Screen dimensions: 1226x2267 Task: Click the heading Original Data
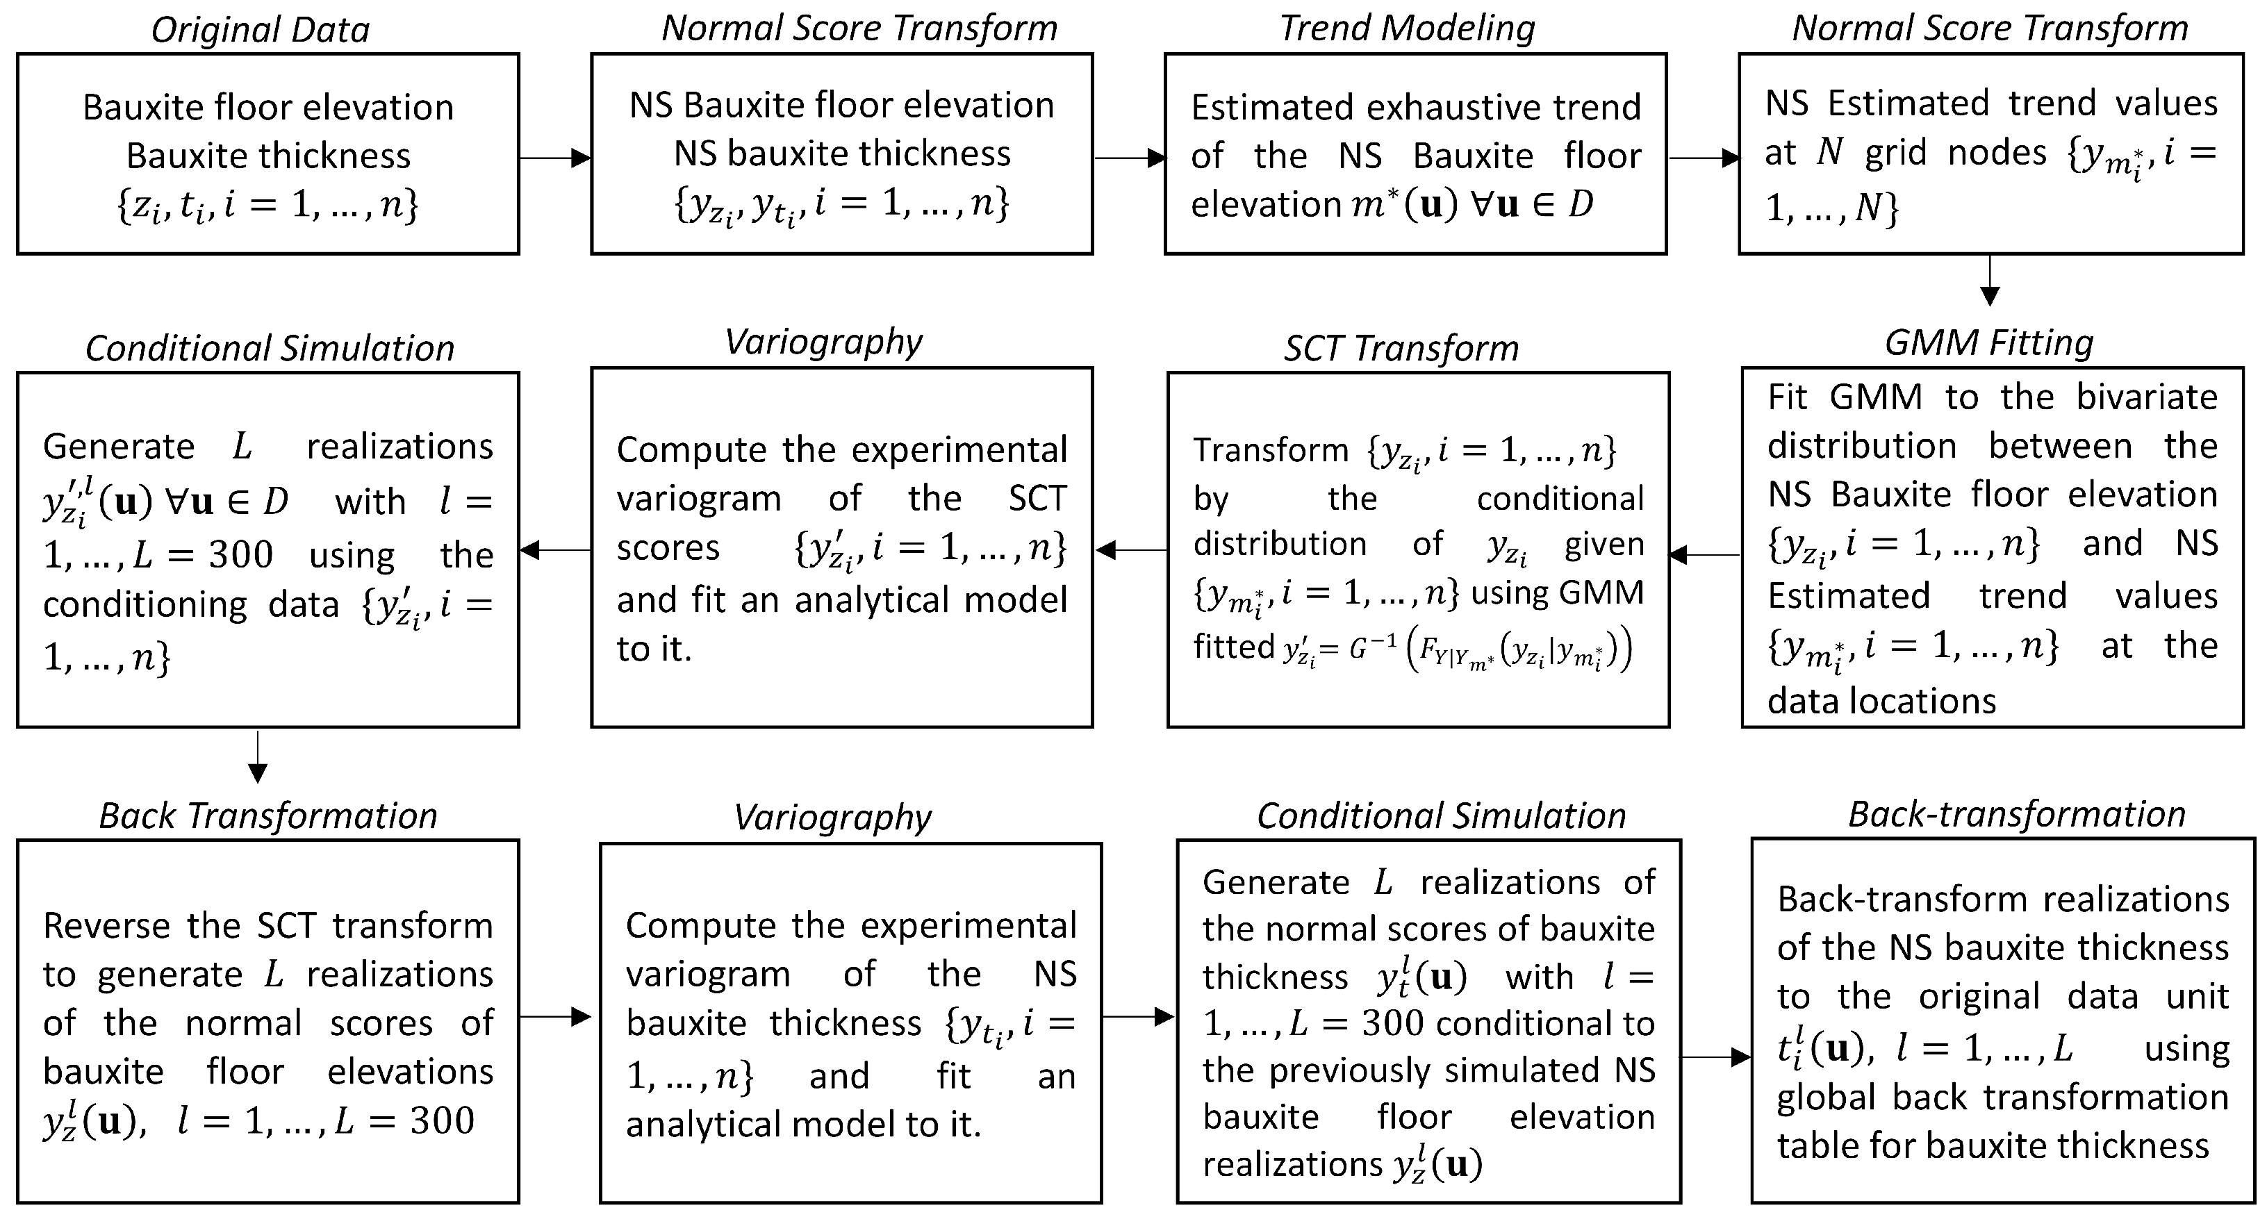tap(261, 30)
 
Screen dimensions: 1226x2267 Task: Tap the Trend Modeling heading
tap(1406, 28)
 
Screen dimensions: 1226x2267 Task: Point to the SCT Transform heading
tap(1401, 349)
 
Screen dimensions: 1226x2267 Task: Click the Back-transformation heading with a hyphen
tap(2016, 814)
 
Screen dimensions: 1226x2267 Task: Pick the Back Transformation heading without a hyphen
tap(267, 816)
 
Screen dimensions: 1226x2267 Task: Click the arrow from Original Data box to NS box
tap(554, 158)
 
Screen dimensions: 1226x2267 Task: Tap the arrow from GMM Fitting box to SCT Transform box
tap(1704, 554)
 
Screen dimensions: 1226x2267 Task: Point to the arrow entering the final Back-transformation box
tap(1716, 1057)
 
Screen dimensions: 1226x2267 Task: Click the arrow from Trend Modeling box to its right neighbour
tap(1703, 158)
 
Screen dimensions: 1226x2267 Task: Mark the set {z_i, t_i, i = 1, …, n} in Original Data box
tap(267, 206)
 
